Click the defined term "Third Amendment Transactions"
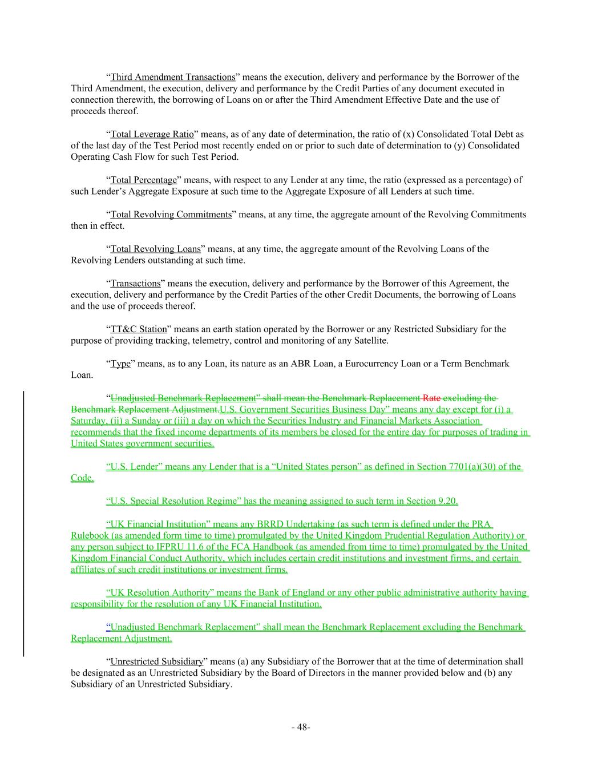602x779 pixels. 172,77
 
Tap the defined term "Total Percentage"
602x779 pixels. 143,180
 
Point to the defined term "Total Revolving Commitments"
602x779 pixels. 171,215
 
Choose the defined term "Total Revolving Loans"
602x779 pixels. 155,249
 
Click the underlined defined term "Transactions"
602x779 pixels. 135,283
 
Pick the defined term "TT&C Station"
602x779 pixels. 139,329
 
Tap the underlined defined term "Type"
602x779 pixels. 120,364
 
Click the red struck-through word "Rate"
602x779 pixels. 431,398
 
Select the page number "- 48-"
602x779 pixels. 301,727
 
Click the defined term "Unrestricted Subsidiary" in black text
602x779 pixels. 156,661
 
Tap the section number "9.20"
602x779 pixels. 447,501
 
